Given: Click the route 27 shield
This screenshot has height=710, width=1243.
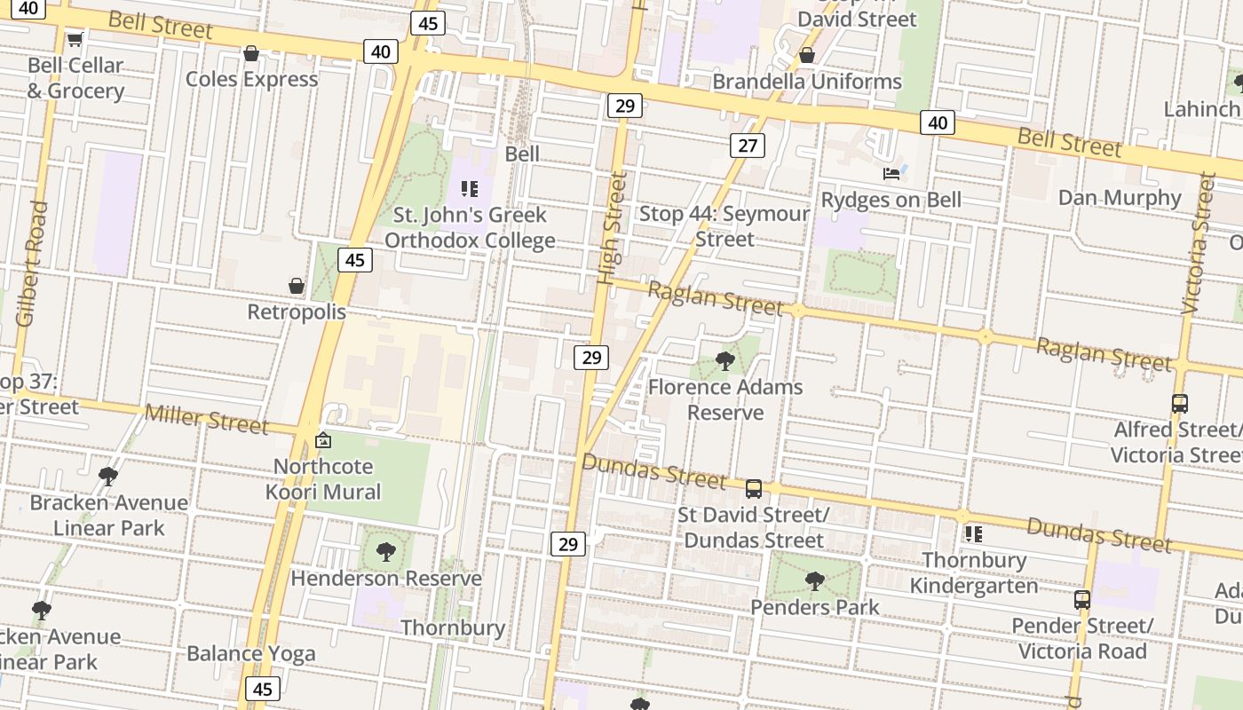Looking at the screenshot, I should [748, 146].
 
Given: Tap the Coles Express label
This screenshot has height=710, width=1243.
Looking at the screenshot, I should [251, 79].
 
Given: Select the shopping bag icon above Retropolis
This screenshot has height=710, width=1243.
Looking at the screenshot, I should [297, 286].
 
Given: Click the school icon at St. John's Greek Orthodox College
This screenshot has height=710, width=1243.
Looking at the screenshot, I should [470, 188].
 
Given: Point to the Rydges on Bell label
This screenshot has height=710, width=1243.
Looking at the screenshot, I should [891, 200].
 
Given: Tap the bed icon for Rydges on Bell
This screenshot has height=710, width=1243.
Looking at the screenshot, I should [891, 173].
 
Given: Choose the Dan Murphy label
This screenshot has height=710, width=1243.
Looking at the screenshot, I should [1119, 197].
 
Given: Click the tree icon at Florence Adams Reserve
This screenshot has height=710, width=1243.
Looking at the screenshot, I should [724, 360].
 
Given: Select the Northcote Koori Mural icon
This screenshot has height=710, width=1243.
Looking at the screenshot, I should [323, 440].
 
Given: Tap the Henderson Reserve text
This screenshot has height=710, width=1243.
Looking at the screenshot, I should [386, 579].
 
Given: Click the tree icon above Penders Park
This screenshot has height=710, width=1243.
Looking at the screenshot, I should [814, 581].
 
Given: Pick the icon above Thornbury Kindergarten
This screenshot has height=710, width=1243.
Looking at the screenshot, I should [974, 534].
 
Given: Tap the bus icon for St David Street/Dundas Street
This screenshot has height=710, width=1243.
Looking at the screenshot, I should [753, 488].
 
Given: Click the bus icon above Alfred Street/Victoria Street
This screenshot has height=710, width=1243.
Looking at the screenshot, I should [1179, 404].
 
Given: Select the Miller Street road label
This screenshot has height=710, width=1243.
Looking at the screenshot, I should [206, 419].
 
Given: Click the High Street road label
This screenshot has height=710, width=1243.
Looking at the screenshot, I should [612, 228].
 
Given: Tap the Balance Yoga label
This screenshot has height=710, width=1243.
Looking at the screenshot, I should [250, 654].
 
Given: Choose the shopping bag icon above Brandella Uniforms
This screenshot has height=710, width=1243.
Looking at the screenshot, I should [806, 55].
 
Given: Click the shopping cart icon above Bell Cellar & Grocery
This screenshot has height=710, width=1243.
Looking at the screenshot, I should [75, 39].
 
